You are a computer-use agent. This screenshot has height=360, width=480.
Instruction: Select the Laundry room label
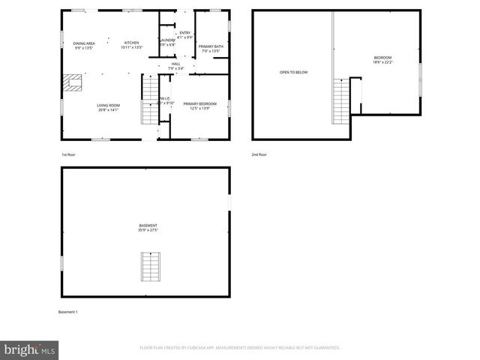click(x=166, y=42)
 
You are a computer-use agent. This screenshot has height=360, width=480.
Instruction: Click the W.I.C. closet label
click(x=166, y=102)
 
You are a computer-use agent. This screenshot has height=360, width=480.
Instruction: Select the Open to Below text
click(x=294, y=72)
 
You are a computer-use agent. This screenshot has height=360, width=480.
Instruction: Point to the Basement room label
click(x=148, y=227)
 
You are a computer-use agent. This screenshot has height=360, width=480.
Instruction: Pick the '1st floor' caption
click(x=69, y=154)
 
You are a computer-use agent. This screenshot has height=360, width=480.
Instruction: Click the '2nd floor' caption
click(x=259, y=154)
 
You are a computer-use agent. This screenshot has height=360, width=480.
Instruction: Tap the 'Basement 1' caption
click(x=68, y=311)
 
